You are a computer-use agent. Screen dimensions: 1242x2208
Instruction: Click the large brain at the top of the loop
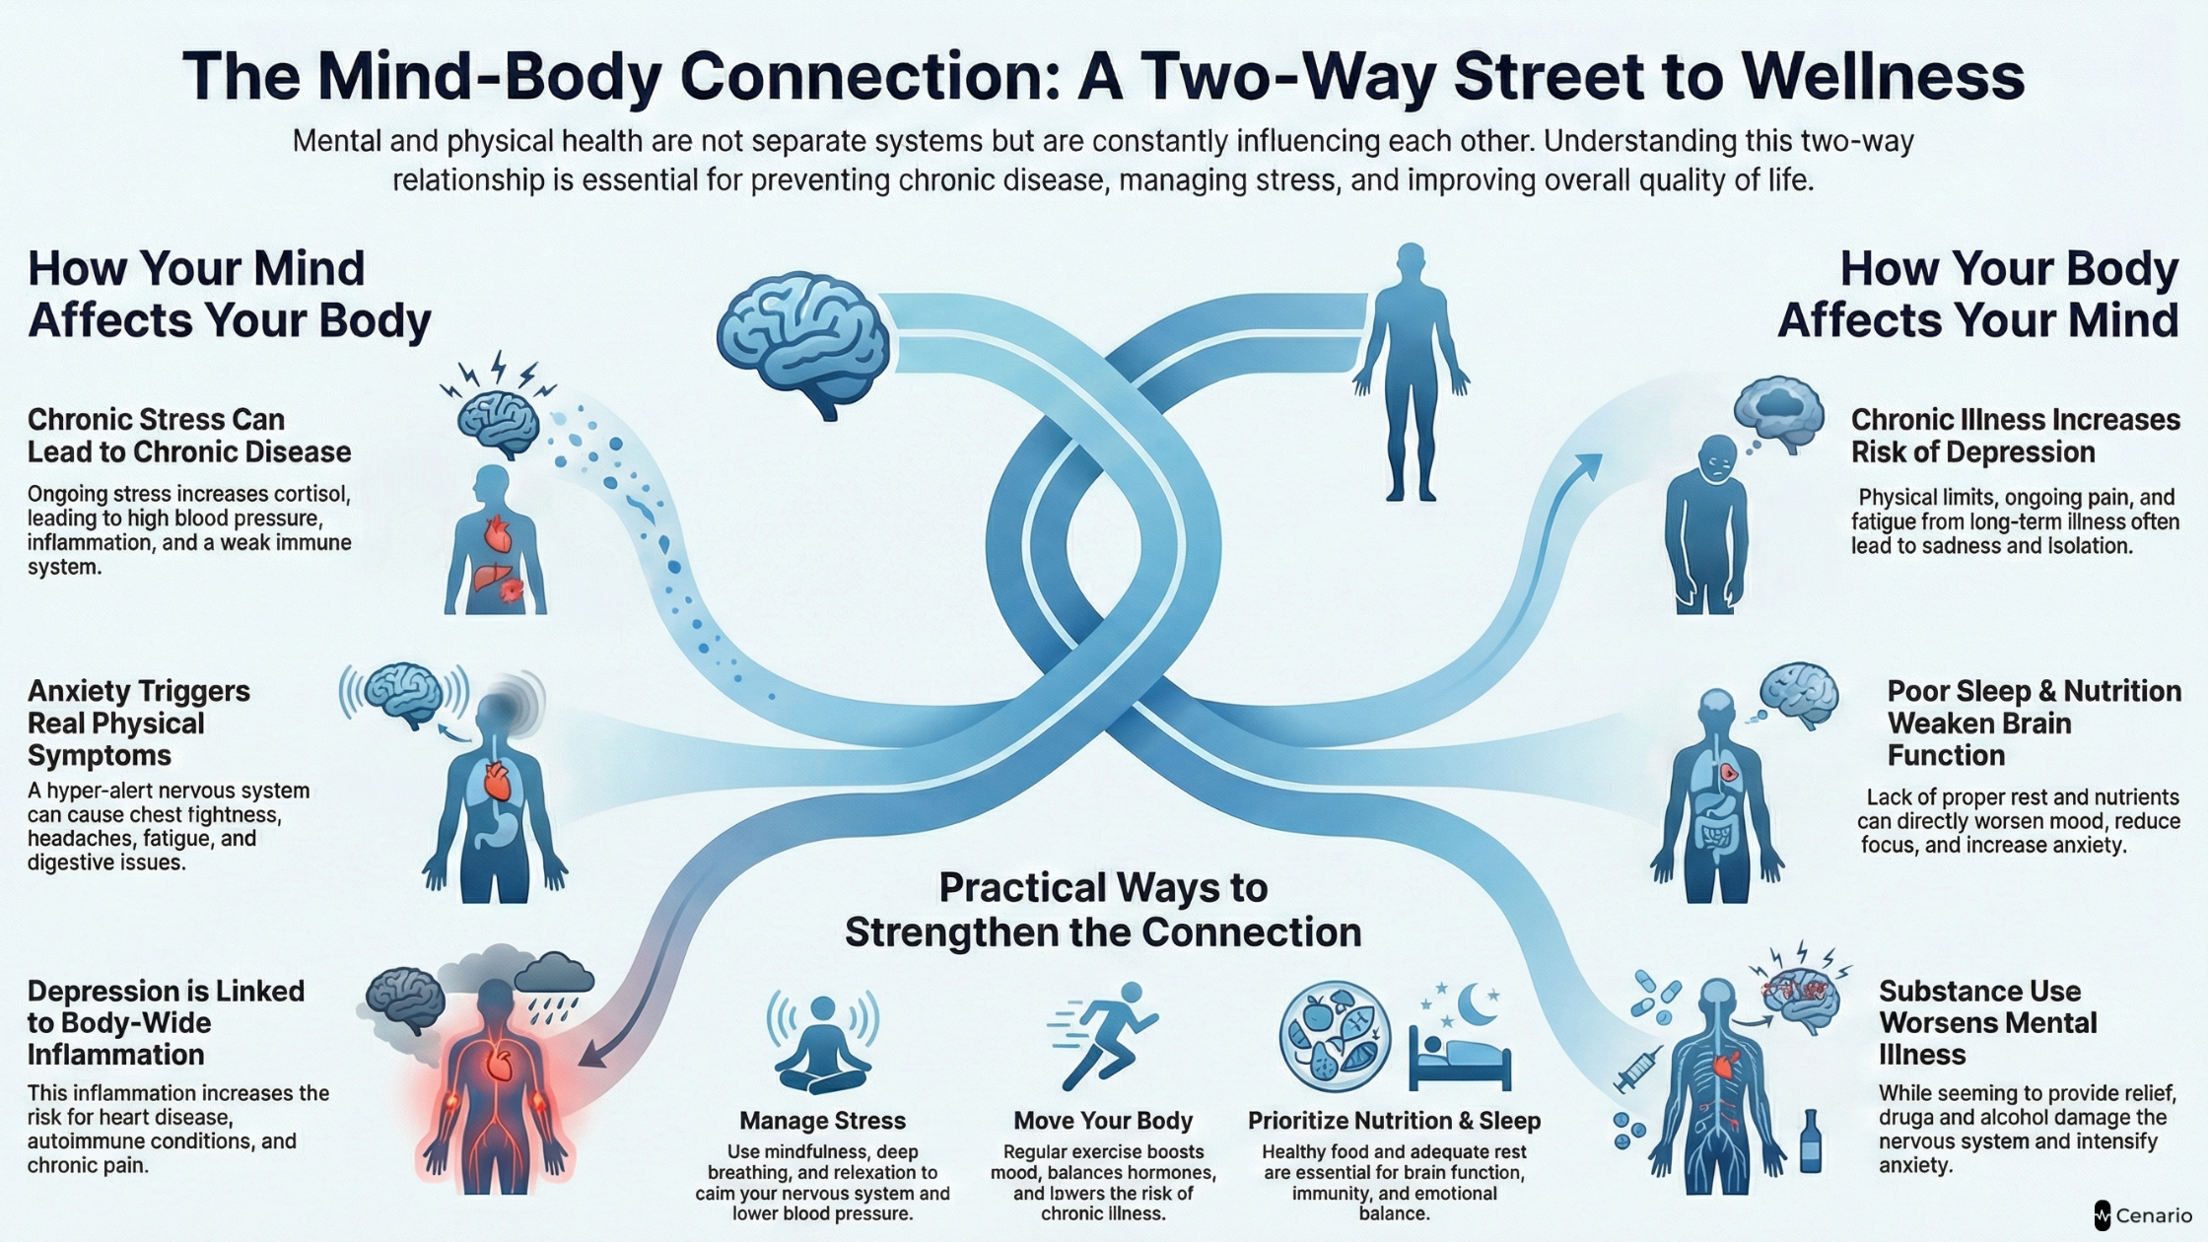click(x=803, y=340)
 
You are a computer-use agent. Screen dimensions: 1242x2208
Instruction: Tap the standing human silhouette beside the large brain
click(x=1411, y=375)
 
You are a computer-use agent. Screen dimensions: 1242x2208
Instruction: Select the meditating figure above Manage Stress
click(x=822, y=1045)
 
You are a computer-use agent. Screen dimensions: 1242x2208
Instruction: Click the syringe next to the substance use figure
click(x=1637, y=1069)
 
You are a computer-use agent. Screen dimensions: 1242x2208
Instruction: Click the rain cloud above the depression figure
click(x=554, y=976)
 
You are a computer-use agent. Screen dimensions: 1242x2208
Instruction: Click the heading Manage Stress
click(x=822, y=1121)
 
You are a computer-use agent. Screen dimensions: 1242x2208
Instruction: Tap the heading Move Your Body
click(x=1103, y=1121)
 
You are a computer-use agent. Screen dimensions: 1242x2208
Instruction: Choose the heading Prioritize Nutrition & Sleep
click(x=1394, y=1121)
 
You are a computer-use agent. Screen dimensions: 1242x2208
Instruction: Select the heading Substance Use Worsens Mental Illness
click(x=1987, y=1022)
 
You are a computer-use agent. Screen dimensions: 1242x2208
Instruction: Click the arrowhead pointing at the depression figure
click(x=591, y=1057)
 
